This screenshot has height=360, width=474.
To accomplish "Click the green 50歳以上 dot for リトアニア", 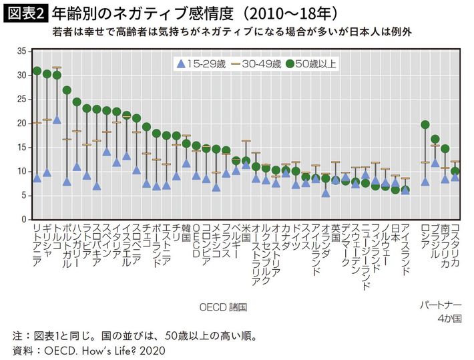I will click(37, 71).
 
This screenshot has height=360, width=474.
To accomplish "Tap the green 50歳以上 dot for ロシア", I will click(425, 125).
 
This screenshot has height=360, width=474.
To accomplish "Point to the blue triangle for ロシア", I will click(425, 181).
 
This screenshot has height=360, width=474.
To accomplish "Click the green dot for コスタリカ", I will click(455, 171).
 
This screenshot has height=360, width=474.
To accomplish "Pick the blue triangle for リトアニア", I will click(37, 178).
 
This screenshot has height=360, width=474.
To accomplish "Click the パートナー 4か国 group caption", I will click(440, 312).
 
